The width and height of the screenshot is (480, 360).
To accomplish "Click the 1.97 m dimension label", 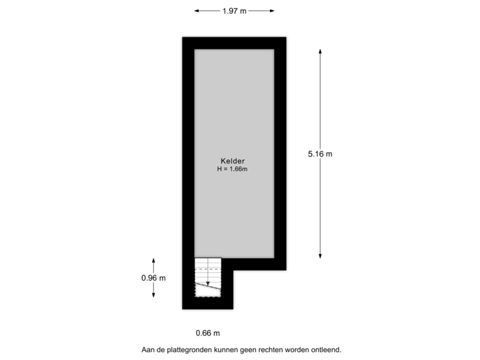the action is click(235, 11).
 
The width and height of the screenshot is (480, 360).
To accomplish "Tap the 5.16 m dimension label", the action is click(320, 154).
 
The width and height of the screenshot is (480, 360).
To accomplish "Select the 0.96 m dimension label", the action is click(153, 278).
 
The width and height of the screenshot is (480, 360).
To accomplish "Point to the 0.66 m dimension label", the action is click(208, 333).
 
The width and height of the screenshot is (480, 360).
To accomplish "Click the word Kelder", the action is click(233, 161).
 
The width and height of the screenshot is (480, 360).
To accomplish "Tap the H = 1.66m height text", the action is click(233, 169).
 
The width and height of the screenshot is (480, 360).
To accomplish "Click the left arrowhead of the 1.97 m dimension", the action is click(197, 11).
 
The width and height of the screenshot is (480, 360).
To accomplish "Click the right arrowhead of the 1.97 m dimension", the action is click(272, 11).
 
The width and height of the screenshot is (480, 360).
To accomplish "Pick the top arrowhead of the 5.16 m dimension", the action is click(320, 51).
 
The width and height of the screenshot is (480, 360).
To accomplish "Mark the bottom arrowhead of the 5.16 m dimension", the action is click(320, 256).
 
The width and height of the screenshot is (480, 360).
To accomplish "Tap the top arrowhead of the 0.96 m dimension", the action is click(153, 261).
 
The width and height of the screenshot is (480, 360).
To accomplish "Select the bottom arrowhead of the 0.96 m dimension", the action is click(153, 295).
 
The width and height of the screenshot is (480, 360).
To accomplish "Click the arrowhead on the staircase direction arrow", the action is click(208, 284).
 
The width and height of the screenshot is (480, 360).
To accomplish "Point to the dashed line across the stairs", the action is click(208, 269).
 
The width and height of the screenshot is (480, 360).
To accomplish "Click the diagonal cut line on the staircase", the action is click(208, 286).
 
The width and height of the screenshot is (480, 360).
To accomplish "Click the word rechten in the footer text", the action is click(271, 349).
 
